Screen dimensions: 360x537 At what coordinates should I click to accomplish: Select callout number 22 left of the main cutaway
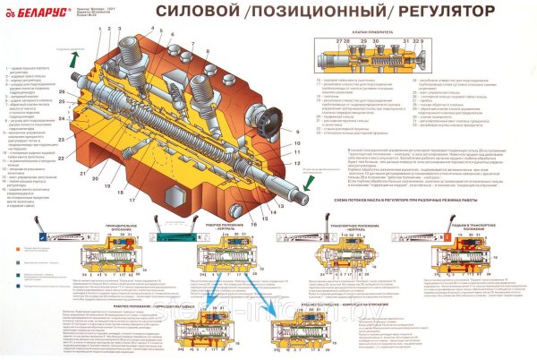click(x=61, y=141)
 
